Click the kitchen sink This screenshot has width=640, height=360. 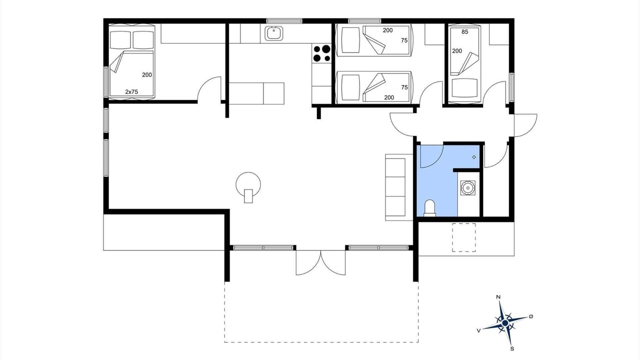click(273, 33)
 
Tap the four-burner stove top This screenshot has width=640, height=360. click(321, 53)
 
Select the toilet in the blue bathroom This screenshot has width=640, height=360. click(429, 207)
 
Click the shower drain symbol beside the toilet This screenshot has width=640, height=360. click(468, 188)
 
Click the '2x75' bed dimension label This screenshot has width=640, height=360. click(131, 91)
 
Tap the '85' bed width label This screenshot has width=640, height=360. click(465, 32)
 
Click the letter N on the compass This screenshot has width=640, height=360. click(498, 297)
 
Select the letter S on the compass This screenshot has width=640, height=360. click(512, 348)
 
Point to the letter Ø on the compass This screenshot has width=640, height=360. click(531, 316)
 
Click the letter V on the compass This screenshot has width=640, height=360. click(478, 330)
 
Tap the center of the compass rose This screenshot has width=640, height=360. click(505, 323)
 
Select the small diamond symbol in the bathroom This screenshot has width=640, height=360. click(474, 157)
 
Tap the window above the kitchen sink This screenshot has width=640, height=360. click(284, 21)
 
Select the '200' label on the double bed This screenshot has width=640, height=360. click(147, 75)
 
